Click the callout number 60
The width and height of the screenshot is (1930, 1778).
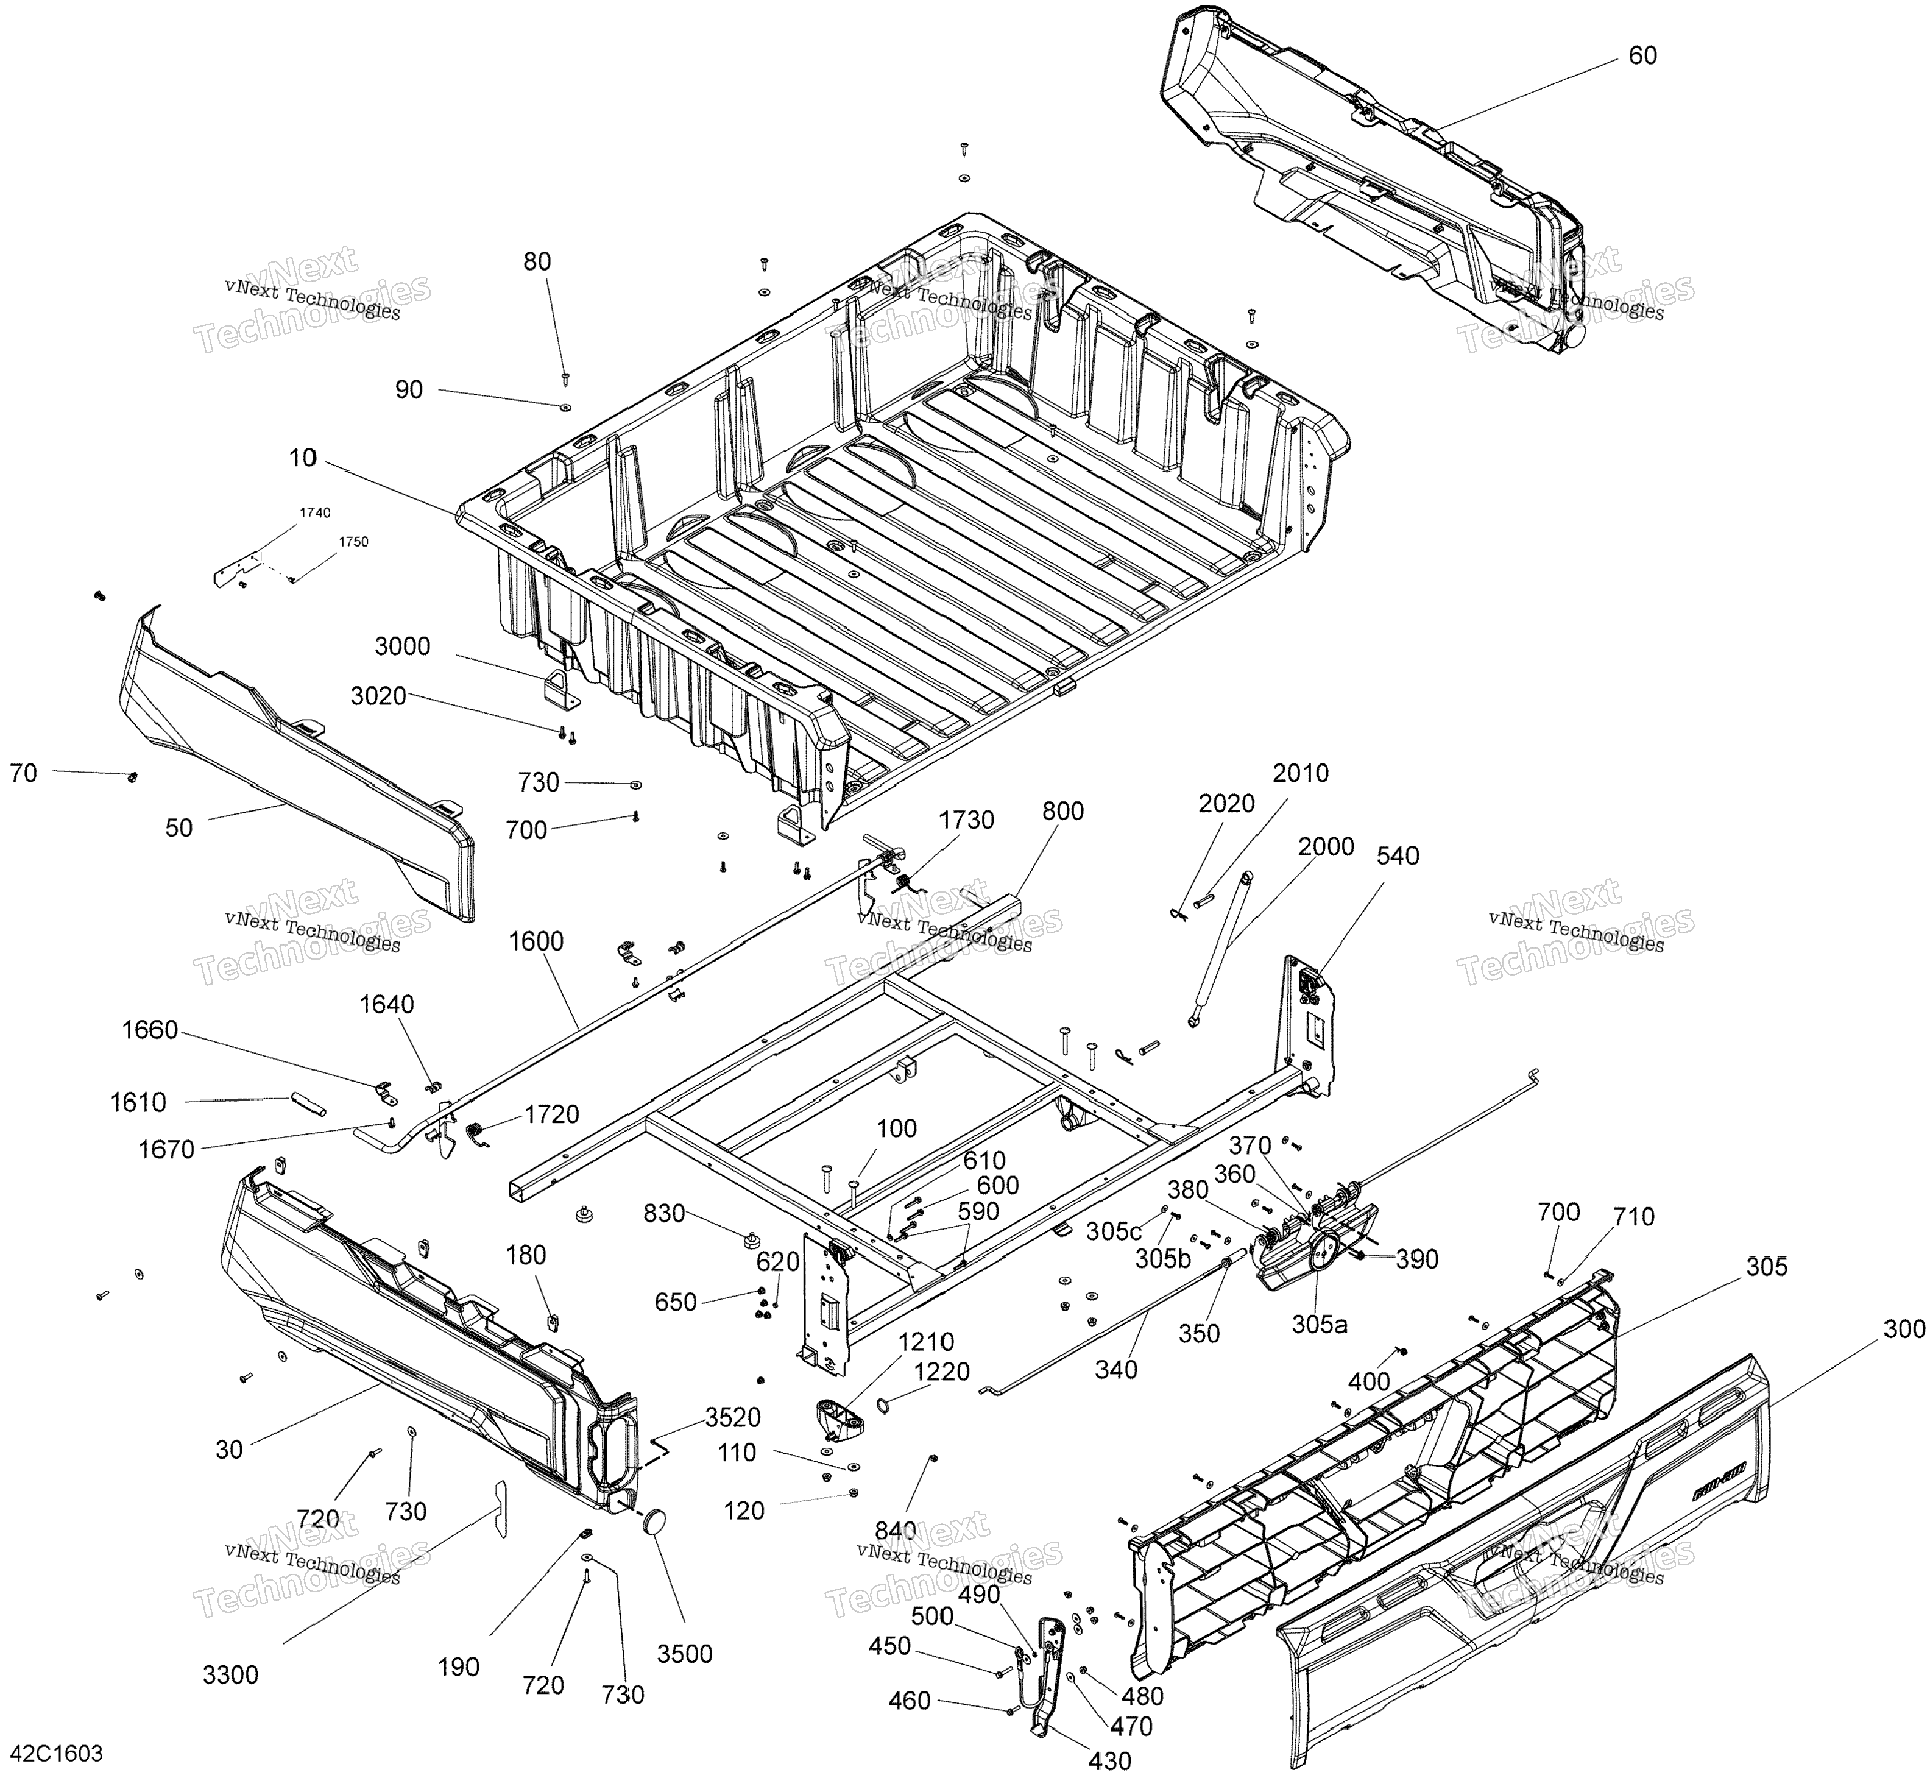click(1642, 56)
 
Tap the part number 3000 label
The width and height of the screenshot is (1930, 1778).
click(402, 646)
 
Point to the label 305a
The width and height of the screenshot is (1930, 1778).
click(1319, 1324)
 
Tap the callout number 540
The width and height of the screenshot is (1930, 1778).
click(1398, 855)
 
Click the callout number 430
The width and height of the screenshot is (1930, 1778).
click(1109, 1760)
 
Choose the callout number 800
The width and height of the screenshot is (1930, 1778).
click(1062, 811)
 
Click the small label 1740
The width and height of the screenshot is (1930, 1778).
click(314, 513)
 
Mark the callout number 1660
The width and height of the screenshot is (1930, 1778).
click(150, 1030)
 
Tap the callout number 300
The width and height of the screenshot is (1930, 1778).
click(1904, 1330)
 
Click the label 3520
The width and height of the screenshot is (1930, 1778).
click(732, 1417)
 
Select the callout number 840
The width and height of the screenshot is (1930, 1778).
click(895, 1531)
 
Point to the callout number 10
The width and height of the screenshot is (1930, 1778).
click(302, 458)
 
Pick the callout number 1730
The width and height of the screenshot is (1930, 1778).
click(967, 820)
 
